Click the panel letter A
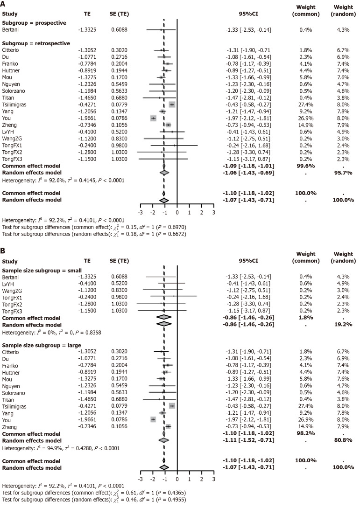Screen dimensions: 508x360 click(4, 5)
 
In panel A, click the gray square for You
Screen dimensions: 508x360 click(153, 118)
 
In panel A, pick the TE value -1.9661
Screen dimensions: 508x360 click(87, 118)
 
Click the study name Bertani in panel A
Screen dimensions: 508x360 click(12, 30)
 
